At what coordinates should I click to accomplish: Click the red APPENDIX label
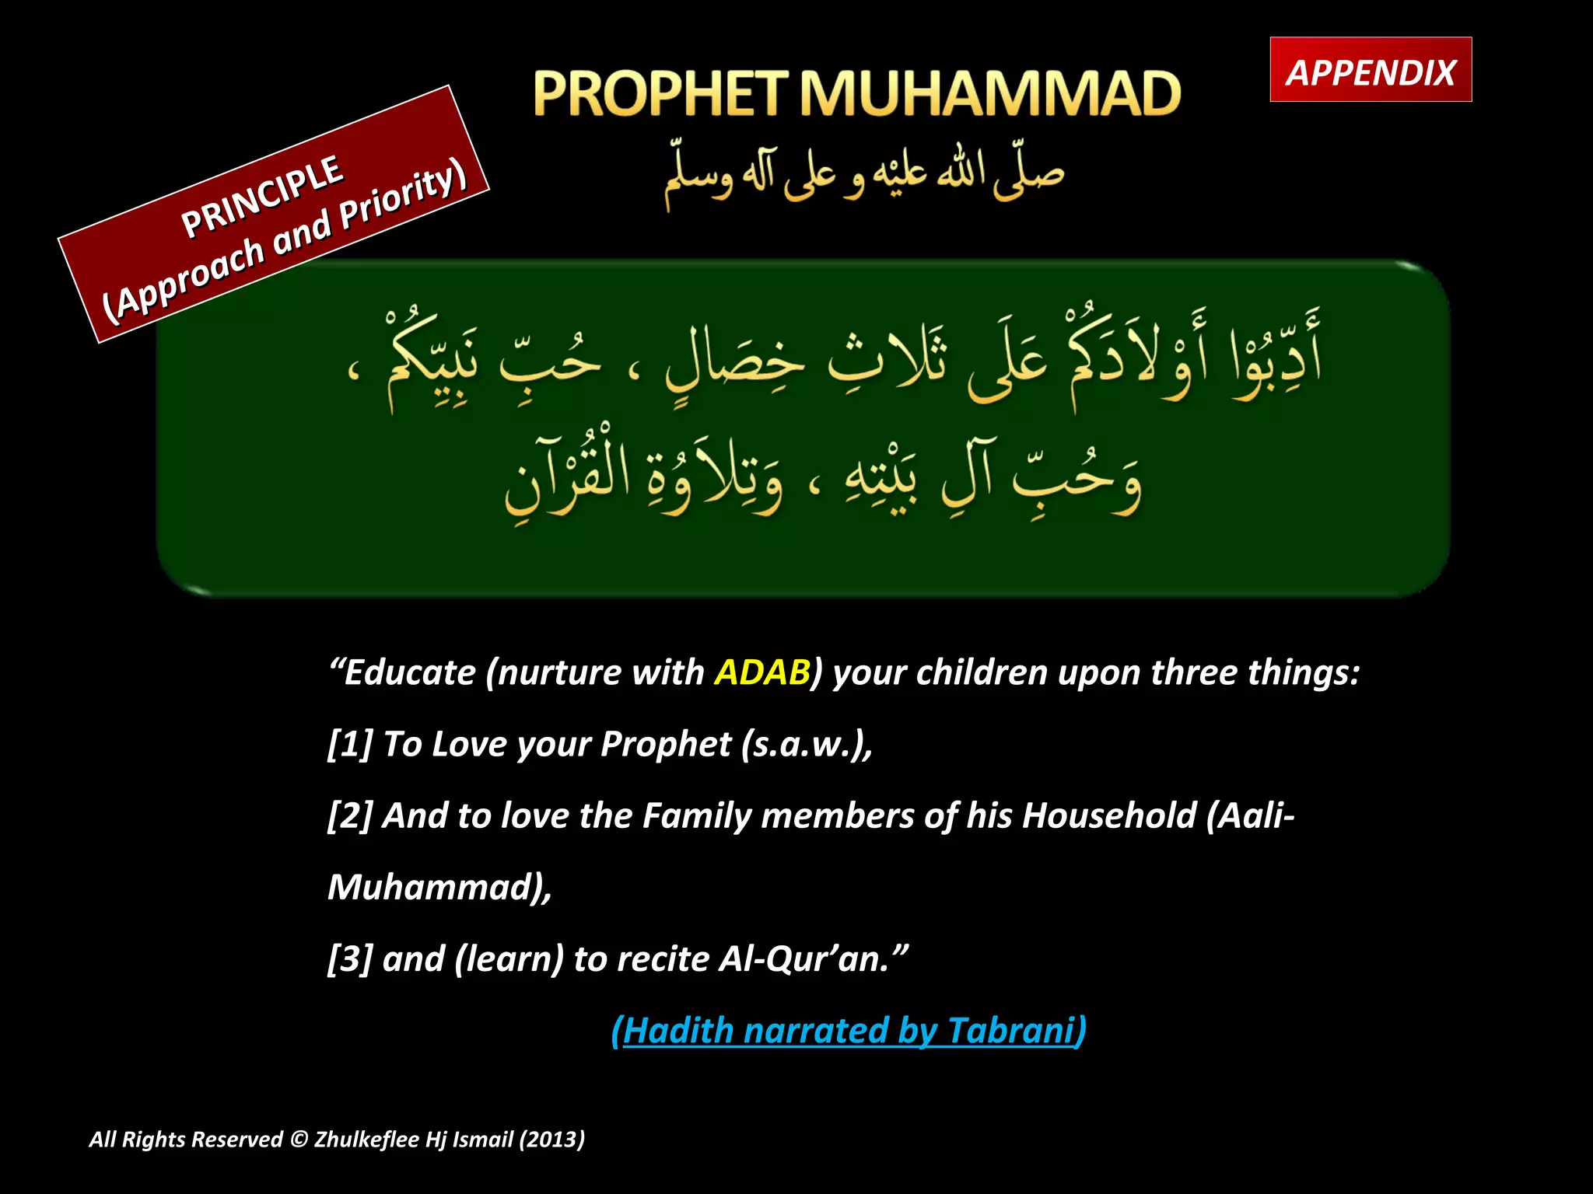tap(1371, 72)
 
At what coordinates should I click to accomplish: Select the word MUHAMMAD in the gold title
tap(990, 94)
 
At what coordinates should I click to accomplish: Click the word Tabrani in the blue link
tap(1010, 1030)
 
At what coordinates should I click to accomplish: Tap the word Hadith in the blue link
tap(677, 1030)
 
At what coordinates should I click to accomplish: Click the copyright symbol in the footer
tap(299, 1140)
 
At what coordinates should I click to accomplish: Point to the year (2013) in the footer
tap(551, 1140)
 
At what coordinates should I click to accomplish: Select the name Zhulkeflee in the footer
tap(366, 1140)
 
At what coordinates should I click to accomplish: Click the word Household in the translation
tap(1109, 815)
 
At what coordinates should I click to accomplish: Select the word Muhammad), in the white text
tap(439, 887)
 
